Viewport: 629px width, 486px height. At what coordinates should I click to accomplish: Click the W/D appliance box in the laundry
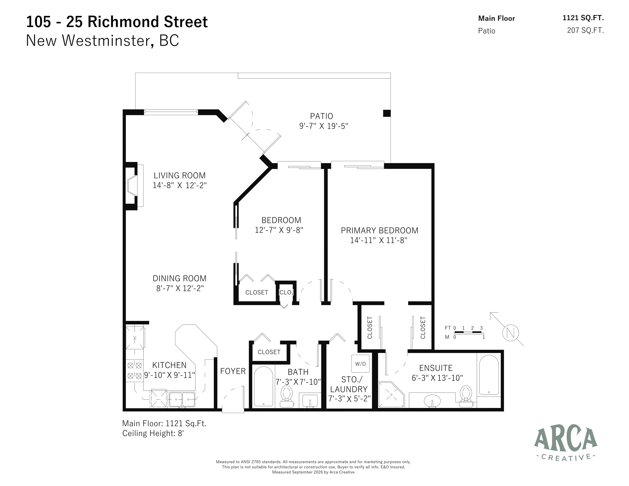[x=360, y=364]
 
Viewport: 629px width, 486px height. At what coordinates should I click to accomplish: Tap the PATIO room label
[x=321, y=116]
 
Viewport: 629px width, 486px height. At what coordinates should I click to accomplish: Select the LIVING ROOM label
[x=179, y=175]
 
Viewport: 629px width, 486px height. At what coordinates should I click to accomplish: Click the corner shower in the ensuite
[x=391, y=394]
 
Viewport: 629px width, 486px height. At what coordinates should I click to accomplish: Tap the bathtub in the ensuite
[x=489, y=375]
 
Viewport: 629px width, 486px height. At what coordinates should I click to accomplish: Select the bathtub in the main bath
[x=263, y=386]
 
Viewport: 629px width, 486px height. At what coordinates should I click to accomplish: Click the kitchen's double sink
[x=182, y=399]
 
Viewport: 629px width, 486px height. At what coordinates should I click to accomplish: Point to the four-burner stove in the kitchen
[x=134, y=370]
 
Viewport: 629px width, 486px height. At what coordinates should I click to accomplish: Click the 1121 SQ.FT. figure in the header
[x=583, y=18]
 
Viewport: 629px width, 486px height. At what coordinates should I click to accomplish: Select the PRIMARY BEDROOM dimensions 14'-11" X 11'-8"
[x=379, y=240]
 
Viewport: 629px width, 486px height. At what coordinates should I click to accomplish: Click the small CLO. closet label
[x=286, y=292]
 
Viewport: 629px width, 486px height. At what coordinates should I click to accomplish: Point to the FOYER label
[x=233, y=371]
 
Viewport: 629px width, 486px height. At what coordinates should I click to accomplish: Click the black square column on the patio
[x=387, y=113]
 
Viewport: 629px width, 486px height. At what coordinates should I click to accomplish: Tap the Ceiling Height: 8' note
[x=153, y=433]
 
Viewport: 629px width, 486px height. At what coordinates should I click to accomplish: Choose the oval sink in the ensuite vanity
[x=432, y=401]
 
